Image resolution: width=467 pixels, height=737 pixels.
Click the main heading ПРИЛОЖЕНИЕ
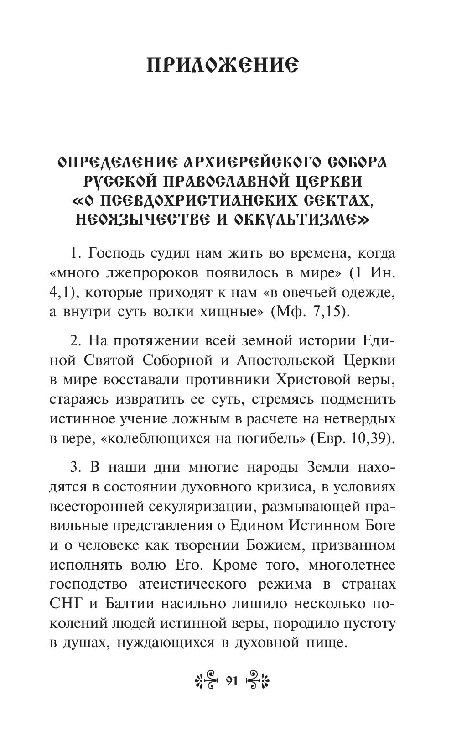click(223, 67)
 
